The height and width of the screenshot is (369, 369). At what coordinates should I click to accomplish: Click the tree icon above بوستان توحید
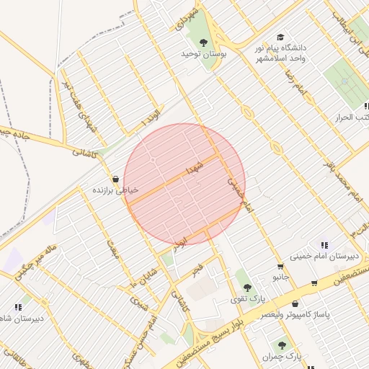(x=203, y=42)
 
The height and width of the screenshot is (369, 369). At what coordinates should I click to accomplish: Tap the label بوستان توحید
(x=204, y=54)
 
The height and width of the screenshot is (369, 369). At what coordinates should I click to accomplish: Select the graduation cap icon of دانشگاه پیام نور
(x=280, y=37)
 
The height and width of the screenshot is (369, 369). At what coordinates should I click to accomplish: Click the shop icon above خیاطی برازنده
(x=115, y=179)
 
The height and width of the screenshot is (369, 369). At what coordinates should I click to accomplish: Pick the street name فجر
(x=196, y=270)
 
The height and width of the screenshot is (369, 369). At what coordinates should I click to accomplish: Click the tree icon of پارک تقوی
(x=247, y=288)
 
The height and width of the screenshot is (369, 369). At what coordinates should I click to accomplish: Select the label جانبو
(x=280, y=277)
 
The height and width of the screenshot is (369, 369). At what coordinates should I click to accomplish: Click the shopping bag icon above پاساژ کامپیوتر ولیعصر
(x=295, y=303)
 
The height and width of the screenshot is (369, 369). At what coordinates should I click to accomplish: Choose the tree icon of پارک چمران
(x=281, y=345)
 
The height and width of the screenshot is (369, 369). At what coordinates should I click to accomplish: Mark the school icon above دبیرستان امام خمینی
(x=324, y=245)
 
